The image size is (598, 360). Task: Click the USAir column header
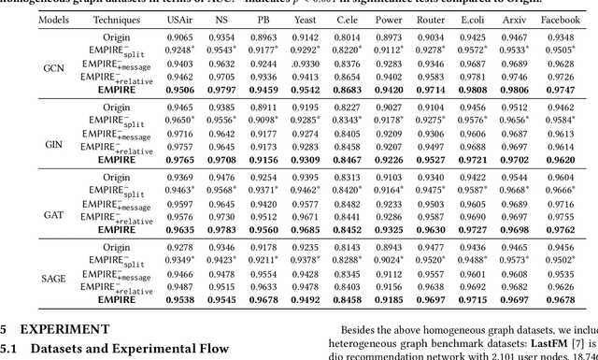point(181,19)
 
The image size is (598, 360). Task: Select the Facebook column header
point(561,19)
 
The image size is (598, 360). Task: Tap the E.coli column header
point(473,19)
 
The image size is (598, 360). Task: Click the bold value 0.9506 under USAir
point(181,90)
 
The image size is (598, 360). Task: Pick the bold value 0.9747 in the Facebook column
point(560,90)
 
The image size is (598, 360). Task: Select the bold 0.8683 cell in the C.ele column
point(347,90)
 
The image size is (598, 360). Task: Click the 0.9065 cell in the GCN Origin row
point(181,37)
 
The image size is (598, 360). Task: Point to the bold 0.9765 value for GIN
point(181,160)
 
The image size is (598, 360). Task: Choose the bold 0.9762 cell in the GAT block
point(560,230)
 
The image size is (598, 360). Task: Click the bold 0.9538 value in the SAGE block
point(181,300)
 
